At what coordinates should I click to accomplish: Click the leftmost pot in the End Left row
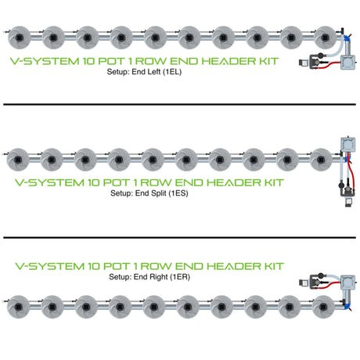(20, 38)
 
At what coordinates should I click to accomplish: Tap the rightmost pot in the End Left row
(325, 38)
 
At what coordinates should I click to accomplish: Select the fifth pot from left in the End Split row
(153, 160)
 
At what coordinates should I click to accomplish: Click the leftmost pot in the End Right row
(18, 307)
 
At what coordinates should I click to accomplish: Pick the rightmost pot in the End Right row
(323, 307)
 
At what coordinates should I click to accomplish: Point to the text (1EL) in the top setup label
(172, 72)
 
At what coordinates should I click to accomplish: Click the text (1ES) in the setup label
(178, 193)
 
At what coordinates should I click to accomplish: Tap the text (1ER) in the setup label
(180, 277)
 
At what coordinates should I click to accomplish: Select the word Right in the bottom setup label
(159, 277)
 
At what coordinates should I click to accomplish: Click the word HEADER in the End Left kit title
(229, 61)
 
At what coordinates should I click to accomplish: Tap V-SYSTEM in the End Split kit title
(50, 182)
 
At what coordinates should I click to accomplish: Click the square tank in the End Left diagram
(348, 62)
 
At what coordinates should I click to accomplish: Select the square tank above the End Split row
(348, 144)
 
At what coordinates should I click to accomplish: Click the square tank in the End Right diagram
(348, 283)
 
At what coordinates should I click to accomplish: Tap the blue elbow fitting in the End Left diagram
(347, 38)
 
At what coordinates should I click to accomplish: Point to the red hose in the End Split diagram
(351, 175)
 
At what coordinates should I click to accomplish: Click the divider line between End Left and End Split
(179, 104)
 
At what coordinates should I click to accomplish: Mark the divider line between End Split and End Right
(179, 238)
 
